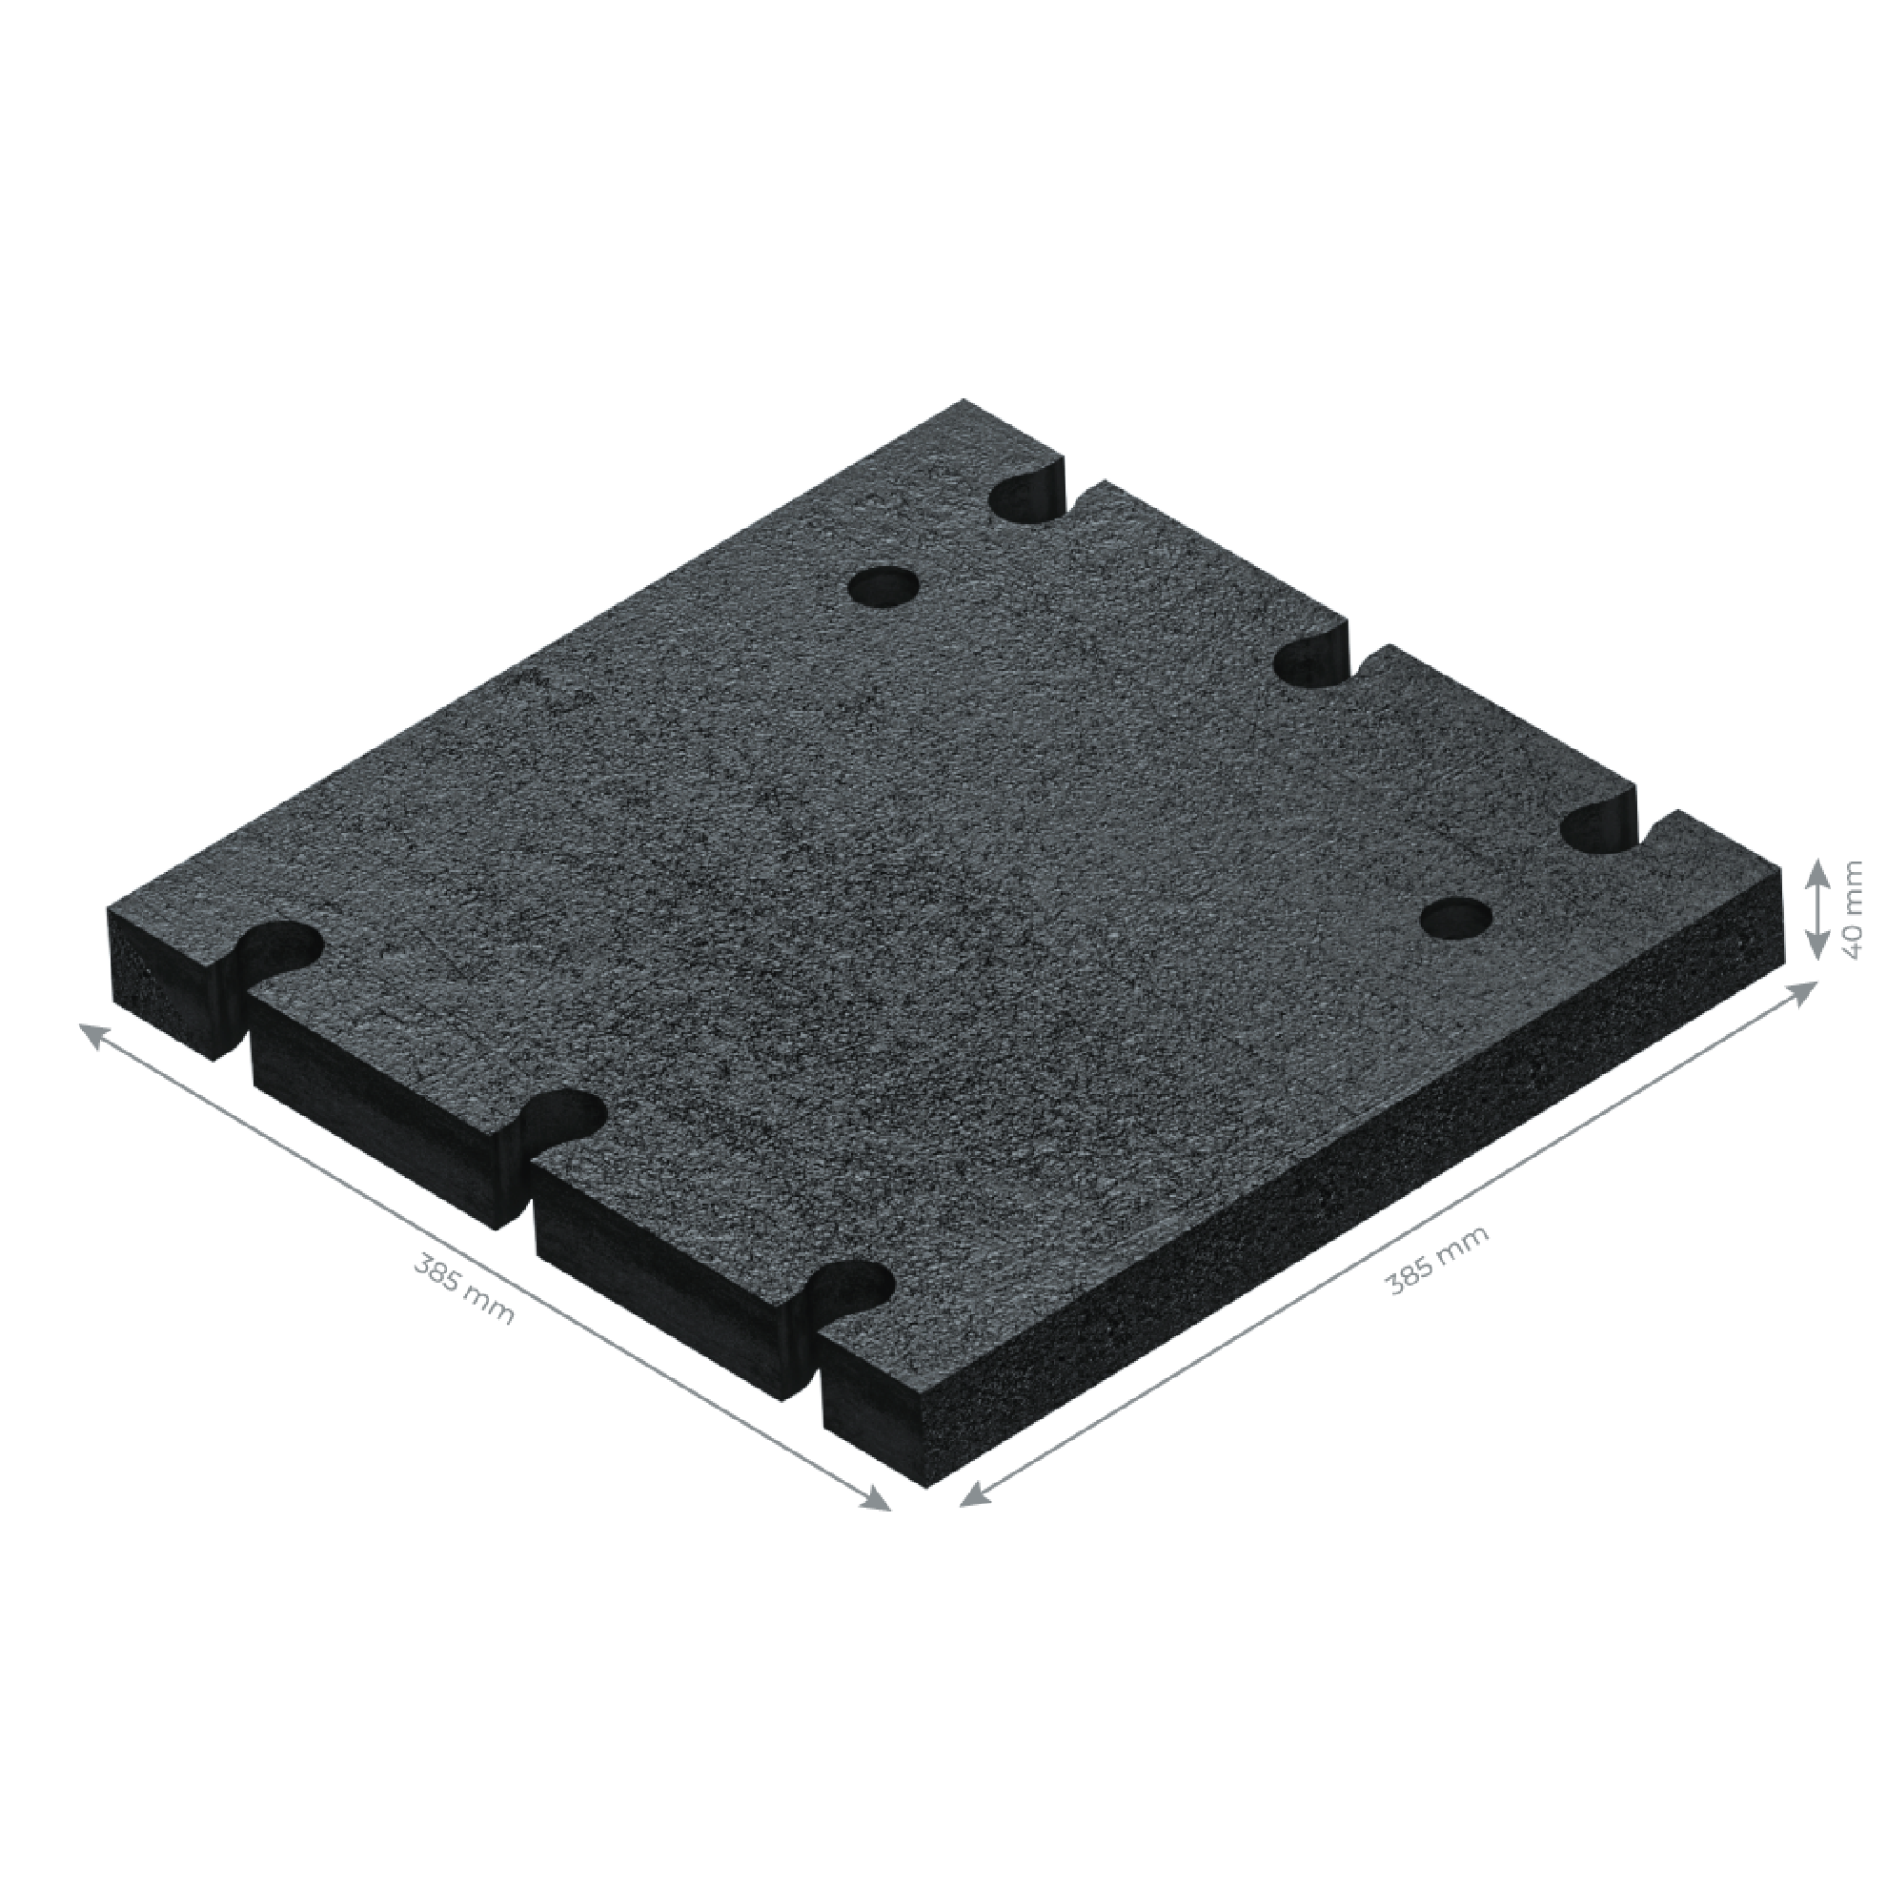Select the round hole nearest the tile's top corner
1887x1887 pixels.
883,588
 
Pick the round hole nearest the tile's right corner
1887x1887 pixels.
1456,917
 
